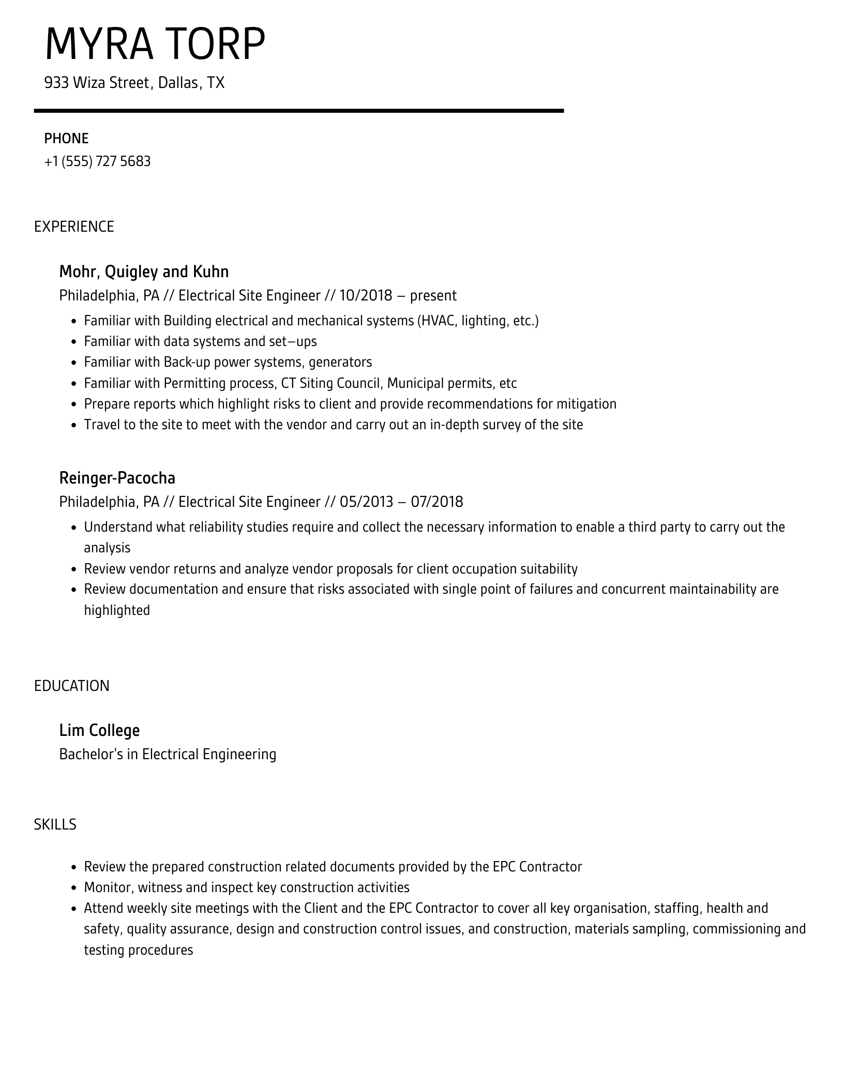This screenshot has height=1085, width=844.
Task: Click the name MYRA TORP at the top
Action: click(x=155, y=44)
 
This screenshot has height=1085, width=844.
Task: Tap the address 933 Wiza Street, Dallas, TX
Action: click(x=134, y=83)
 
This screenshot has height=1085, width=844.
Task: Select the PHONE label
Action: click(x=66, y=139)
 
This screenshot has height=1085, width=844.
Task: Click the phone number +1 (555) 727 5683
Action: click(x=97, y=161)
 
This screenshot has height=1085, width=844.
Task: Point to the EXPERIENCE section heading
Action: click(x=74, y=227)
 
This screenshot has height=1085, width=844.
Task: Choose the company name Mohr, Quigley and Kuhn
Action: click(x=144, y=272)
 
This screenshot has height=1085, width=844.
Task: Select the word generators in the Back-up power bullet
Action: click(x=340, y=362)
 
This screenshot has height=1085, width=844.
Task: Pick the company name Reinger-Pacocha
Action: click(x=117, y=478)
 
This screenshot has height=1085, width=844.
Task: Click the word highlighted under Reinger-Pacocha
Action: click(x=117, y=610)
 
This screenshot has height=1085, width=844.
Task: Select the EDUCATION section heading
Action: click(x=72, y=686)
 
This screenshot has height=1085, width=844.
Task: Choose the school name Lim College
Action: click(x=99, y=730)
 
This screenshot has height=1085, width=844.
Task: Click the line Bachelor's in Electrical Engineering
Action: click(x=168, y=754)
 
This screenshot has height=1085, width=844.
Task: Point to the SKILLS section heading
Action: click(x=55, y=824)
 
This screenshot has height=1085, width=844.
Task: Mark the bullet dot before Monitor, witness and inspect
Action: click(x=73, y=888)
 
